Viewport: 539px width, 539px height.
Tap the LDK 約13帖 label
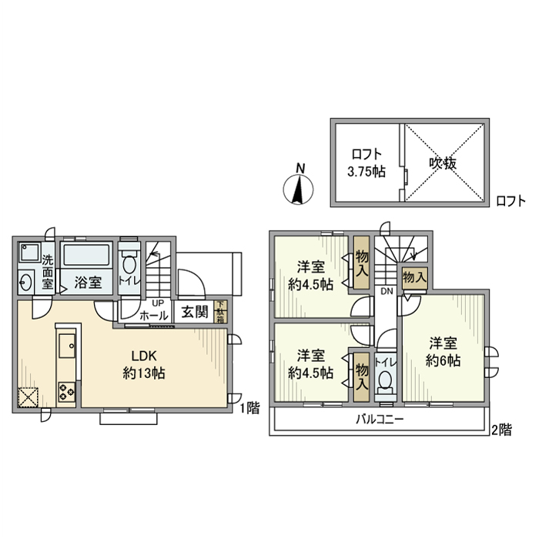pyautogui.click(x=143, y=364)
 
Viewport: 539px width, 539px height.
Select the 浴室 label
pyautogui.click(x=88, y=283)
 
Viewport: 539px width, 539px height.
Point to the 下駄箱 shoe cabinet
pyautogui.click(x=221, y=311)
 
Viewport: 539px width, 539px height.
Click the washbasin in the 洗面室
pyautogui.click(x=27, y=282)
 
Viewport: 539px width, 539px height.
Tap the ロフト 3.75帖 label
pyautogui.click(x=366, y=162)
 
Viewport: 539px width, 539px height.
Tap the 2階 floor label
pyautogui.click(x=501, y=430)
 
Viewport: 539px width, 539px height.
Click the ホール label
pyautogui.click(x=155, y=315)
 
